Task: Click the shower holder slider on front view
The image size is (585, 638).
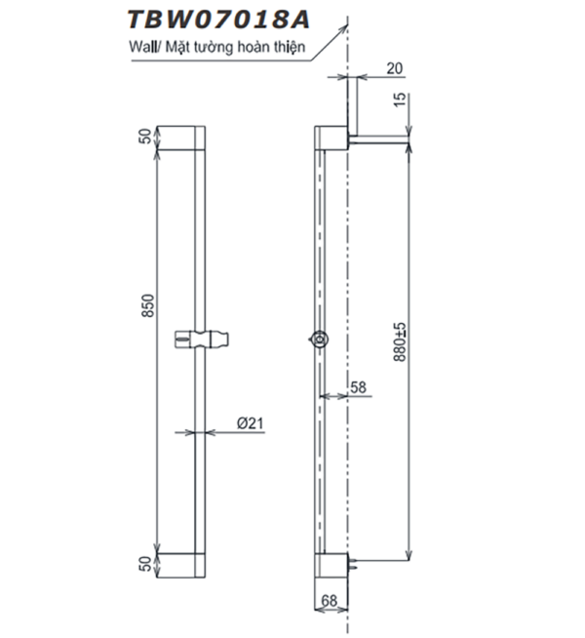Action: coord(203,339)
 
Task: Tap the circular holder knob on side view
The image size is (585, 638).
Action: coord(319,339)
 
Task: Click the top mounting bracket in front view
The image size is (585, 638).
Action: coord(180,136)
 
